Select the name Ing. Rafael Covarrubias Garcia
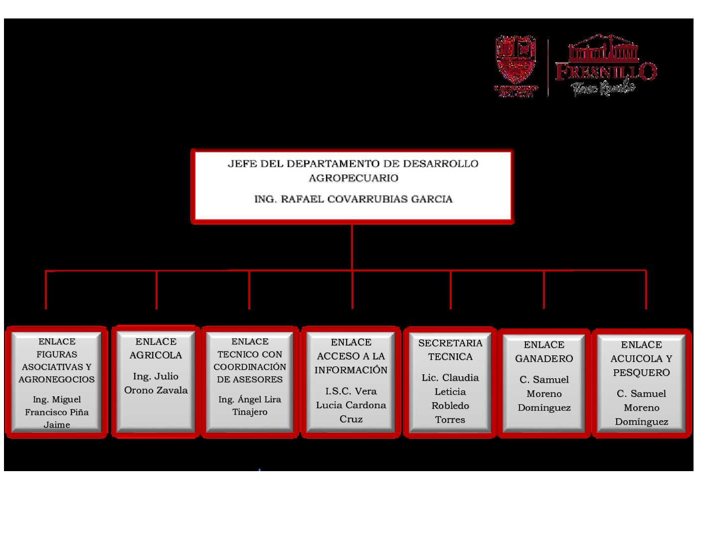(x=353, y=199)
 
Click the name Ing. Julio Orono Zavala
(x=156, y=383)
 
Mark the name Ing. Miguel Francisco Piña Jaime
(x=56, y=412)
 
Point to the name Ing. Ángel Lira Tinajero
(x=250, y=406)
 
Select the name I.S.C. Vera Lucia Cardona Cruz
(x=351, y=405)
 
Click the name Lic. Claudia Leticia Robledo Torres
(x=450, y=398)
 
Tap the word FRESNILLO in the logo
(x=606, y=71)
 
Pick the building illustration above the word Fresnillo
(x=604, y=48)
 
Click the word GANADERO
(x=544, y=358)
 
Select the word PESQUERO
(x=641, y=372)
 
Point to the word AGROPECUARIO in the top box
(x=353, y=178)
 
